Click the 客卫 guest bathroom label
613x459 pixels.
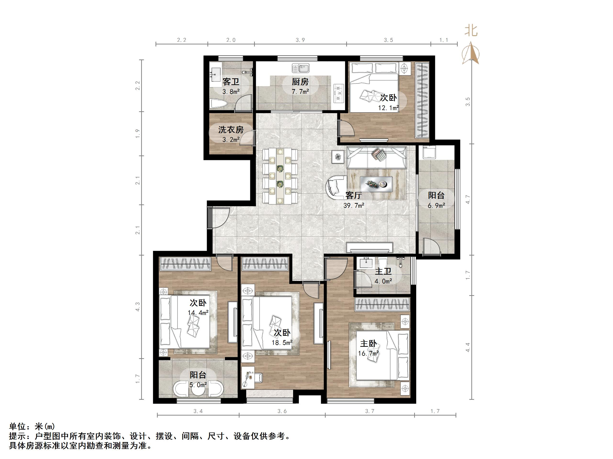231,82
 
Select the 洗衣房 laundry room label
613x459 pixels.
231,129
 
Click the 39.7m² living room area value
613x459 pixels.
354,206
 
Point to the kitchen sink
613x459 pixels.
301,68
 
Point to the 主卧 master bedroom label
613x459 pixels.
368,344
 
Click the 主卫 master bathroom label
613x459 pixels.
383,271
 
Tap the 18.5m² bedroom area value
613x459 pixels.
282,343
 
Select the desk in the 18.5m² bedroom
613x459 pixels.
248,377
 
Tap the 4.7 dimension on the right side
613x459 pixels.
468,199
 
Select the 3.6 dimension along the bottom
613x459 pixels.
282,411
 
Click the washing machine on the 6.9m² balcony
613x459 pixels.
429,152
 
